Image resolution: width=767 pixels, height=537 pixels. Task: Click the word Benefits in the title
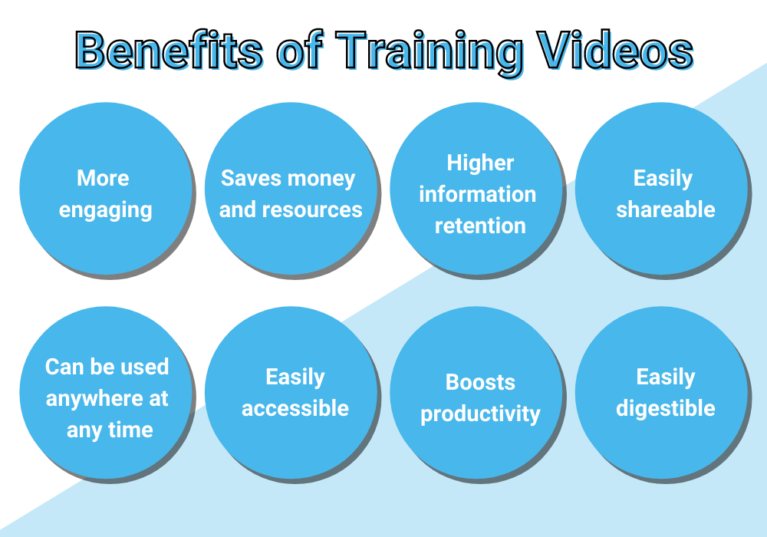pos(170,49)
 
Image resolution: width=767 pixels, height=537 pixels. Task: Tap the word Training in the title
pos(429,53)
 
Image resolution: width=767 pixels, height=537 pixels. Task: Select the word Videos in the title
pos(615,49)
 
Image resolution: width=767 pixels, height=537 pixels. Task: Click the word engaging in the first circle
pos(106,211)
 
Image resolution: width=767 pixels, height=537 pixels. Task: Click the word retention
pos(480,226)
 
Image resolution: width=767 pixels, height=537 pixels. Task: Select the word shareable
pos(666,209)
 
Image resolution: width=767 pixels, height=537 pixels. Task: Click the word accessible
pos(295,408)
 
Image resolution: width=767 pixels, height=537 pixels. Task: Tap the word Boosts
pos(480,382)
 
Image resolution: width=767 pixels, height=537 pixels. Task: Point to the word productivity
pos(480,414)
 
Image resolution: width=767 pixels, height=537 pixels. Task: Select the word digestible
pos(666,408)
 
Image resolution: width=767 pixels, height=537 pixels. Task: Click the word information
pos(477,194)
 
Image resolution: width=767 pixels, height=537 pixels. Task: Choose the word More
pos(104,178)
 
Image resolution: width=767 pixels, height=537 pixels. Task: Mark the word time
pos(130,430)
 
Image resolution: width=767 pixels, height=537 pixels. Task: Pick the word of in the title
pos(299,49)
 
